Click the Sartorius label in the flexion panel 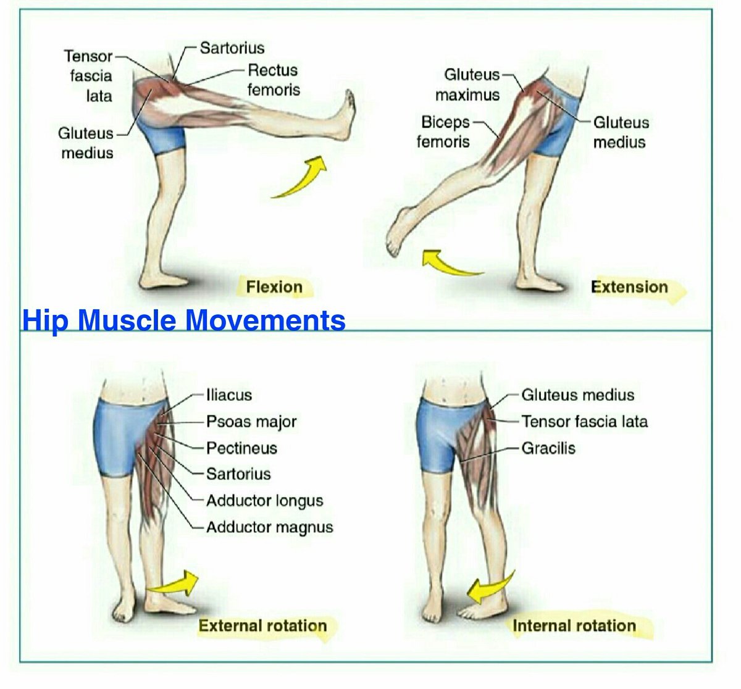[x=232, y=48]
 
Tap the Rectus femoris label [x=273, y=80]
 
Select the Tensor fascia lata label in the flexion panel [x=89, y=76]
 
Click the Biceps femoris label [x=443, y=132]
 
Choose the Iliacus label [x=229, y=395]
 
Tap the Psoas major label [x=251, y=422]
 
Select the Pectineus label [x=241, y=448]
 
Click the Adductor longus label [x=264, y=501]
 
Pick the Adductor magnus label [x=269, y=527]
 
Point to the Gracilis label [x=548, y=448]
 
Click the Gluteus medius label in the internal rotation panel [x=577, y=395]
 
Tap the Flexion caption [x=274, y=287]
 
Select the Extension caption [x=629, y=287]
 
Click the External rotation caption [x=262, y=625]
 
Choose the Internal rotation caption [x=574, y=625]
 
